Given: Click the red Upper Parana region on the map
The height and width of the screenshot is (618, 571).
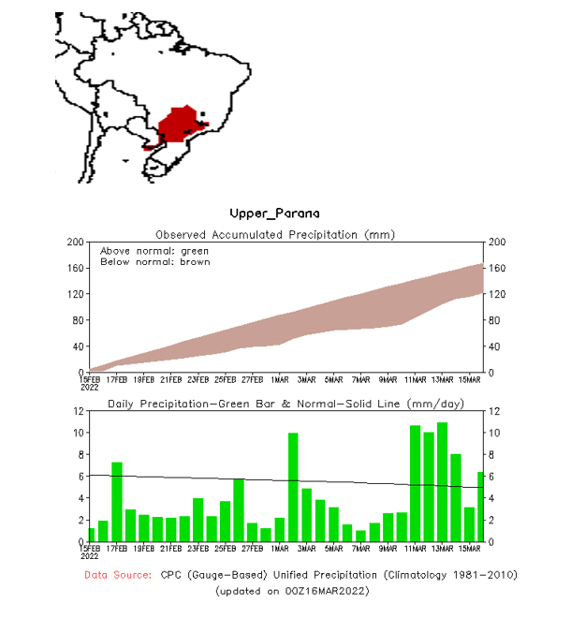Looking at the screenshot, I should [178, 126].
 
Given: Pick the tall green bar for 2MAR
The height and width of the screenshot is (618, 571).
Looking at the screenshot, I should [293, 487].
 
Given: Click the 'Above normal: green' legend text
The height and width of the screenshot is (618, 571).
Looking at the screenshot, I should [154, 251].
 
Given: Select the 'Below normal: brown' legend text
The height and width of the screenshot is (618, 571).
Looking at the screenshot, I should [154, 262].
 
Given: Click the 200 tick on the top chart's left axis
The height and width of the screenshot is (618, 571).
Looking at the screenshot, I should [74, 243].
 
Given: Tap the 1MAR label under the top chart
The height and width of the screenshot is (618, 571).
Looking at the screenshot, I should [279, 379].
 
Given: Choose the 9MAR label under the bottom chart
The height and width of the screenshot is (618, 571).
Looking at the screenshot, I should [388, 549].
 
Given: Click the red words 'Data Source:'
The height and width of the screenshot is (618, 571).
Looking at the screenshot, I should [118, 573].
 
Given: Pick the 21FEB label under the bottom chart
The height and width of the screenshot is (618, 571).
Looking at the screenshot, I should [171, 549].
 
